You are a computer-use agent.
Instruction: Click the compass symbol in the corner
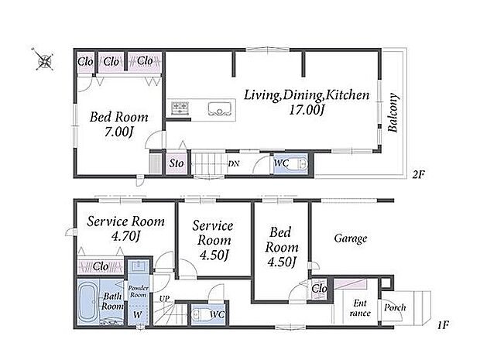coord(45,60)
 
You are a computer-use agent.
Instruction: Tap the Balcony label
coord(393,112)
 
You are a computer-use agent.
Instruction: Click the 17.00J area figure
coord(307,110)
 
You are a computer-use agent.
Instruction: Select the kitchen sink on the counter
coord(219,109)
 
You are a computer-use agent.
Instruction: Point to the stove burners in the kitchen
coord(180,108)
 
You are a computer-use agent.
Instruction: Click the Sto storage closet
coord(177,163)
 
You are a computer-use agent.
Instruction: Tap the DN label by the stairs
coord(234,164)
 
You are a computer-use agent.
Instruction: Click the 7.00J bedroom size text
coord(119,132)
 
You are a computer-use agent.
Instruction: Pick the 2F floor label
coord(419,175)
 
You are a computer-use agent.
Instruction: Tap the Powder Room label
coord(138,291)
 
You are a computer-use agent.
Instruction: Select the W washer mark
coord(138,314)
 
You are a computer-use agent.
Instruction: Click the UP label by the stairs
coord(164,299)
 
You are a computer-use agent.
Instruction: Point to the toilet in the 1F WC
coord(201,314)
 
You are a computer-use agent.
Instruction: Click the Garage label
coord(351,238)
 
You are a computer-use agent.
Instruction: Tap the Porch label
coord(395,307)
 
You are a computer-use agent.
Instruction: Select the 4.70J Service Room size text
coord(125,236)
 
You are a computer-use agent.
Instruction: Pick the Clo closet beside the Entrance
coord(319,288)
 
